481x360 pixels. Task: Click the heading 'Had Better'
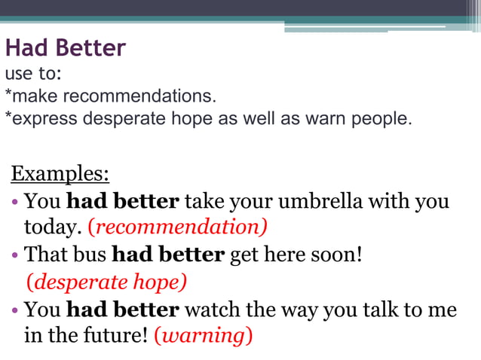tap(65, 49)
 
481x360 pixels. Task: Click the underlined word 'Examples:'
tap(60, 174)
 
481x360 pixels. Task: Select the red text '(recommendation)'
tap(178, 227)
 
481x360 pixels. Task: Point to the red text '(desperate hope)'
tap(106, 282)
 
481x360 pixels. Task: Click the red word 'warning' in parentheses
tap(203, 334)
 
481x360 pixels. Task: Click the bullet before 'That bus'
tap(16, 255)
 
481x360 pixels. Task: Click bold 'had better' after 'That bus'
tap(168, 255)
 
